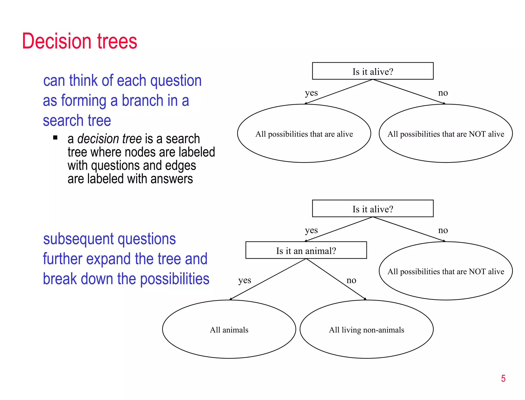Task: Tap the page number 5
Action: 503,378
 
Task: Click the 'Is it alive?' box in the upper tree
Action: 372,71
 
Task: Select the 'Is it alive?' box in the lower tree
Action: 372,209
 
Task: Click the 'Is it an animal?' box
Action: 306,250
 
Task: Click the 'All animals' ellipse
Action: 229,329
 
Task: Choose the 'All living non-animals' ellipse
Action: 366,329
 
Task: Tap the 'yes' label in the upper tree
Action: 311,93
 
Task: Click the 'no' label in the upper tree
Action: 443,93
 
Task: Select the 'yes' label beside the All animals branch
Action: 245,280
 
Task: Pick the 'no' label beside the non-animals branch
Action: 351,280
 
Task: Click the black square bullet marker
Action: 55,138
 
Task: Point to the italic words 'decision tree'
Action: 109,139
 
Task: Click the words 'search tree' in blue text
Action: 77,121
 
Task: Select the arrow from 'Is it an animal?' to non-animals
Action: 336,279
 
